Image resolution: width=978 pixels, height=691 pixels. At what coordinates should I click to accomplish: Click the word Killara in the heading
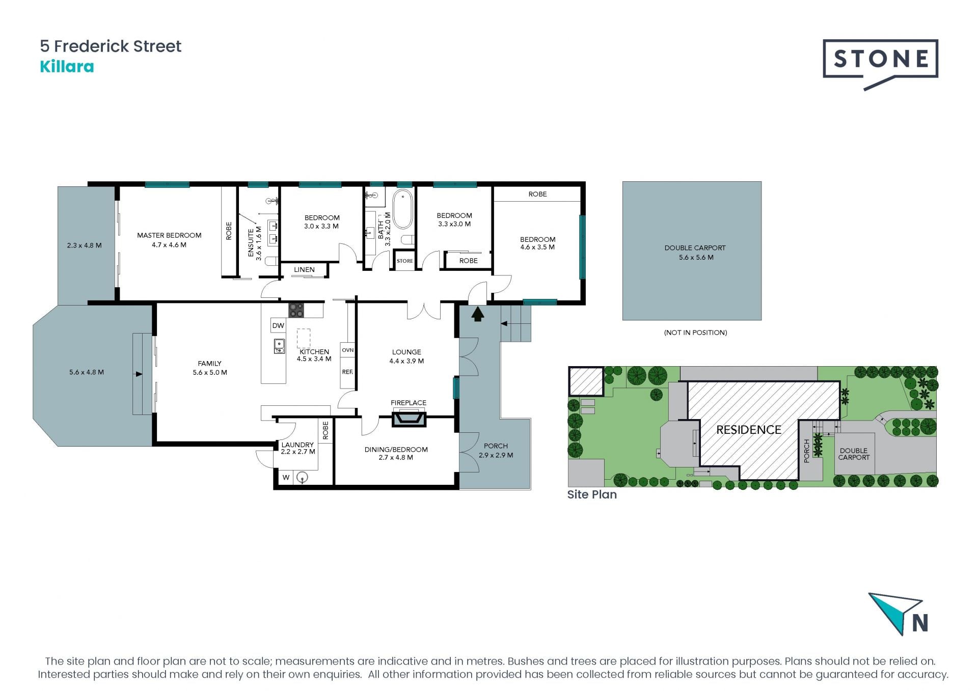[67, 67]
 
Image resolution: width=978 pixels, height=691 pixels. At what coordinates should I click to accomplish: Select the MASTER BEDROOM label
[169, 235]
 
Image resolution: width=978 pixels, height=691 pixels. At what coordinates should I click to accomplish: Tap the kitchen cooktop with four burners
[296, 310]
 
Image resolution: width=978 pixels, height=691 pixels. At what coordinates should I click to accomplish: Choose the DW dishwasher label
[278, 326]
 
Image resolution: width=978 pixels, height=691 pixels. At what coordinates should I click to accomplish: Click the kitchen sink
[279, 346]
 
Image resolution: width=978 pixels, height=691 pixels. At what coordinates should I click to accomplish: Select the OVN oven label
[348, 350]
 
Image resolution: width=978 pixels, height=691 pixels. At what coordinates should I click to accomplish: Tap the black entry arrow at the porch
[477, 315]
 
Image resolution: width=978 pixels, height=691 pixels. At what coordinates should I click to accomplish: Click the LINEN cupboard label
[304, 270]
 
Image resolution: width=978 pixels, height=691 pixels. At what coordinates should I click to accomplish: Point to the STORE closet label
[405, 261]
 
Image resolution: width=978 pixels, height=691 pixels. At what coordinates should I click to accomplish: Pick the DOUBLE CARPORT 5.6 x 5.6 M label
[695, 253]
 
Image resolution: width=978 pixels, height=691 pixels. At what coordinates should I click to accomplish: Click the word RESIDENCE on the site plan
[749, 430]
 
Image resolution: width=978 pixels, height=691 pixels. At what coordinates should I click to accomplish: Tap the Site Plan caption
[592, 494]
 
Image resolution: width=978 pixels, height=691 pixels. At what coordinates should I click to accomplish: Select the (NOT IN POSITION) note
[695, 333]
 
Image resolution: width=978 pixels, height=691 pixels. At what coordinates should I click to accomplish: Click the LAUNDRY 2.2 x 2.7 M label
[298, 448]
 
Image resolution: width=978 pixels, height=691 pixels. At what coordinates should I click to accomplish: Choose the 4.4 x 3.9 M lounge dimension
[406, 361]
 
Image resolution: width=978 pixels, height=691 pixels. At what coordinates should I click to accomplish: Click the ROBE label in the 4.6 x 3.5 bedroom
[537, 194]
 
